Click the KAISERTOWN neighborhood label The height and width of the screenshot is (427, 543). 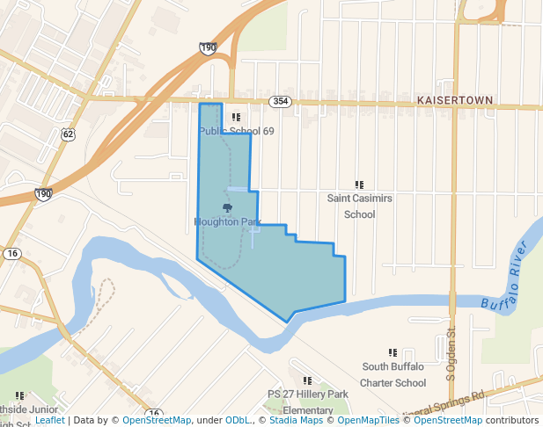(454, 101)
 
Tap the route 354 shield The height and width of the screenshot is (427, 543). (280, 101)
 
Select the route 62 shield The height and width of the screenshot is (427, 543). (68, 134)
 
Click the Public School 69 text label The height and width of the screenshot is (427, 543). (236, 131)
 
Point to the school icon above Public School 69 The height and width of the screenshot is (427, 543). (235, 117)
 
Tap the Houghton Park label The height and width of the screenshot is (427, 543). (228, 222)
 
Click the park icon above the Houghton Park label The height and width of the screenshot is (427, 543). (228, 208)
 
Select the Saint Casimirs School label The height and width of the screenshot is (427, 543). (359, 206)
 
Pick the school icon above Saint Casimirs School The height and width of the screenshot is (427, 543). (359, 185)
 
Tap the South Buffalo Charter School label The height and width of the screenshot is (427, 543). (393, 374)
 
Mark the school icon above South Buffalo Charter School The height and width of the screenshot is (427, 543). (393, 352)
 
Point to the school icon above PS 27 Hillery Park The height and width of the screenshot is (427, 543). (308, 380)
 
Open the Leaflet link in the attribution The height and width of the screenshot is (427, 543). (49, 421)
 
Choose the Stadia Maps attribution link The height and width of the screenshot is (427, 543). (295, 421)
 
